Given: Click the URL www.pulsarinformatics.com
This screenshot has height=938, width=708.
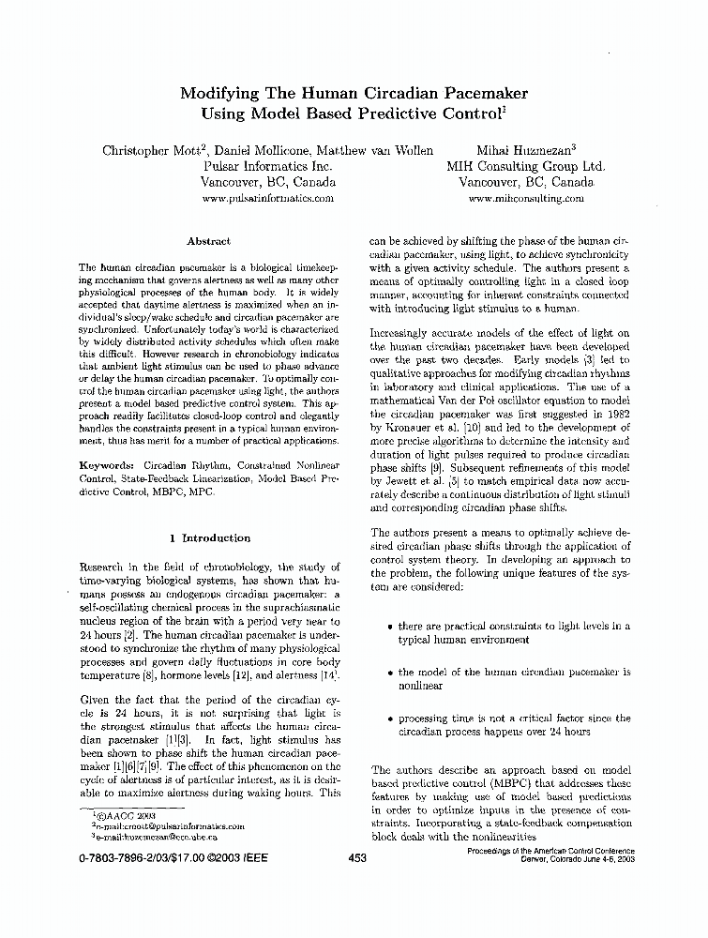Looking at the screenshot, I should point(268,199).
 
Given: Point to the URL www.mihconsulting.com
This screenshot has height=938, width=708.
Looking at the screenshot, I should point(525,199).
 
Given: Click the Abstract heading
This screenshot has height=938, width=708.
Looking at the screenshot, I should point(208,241).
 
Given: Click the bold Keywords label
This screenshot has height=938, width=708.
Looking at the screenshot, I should point(104,465).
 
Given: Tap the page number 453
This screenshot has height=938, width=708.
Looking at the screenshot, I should point(356,857).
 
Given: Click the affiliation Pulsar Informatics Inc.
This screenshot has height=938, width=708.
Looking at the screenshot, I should point(268,166).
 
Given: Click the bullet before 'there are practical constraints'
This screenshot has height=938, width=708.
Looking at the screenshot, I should point(388,627).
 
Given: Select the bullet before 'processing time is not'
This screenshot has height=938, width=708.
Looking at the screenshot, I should point(388,719).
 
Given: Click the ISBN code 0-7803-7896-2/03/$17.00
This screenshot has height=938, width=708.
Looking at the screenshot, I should point(141,857).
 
